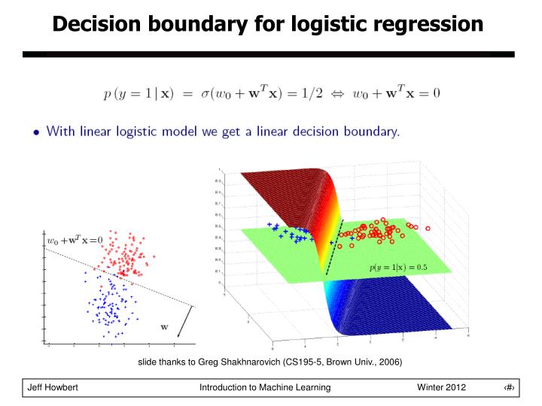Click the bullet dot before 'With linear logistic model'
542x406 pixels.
pyautogui.click(x=36, y=132)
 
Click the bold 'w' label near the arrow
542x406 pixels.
pyautogui.click(x=163, y=326)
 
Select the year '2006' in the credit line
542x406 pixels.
pyautogui.click(x=388, y=362)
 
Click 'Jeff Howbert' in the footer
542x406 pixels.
pyautogui.click(x=53, y=386)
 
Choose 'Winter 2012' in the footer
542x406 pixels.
pyautogui.click(x=441, y=386)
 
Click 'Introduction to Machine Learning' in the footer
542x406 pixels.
pyautogui.click(x=265, y=386)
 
